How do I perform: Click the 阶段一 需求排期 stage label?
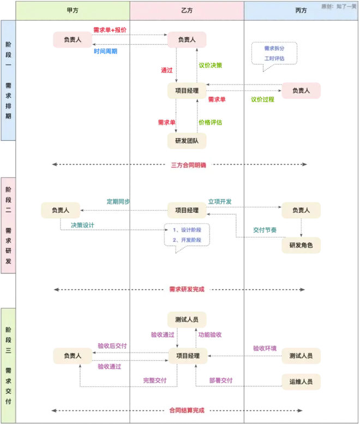coord(8,81)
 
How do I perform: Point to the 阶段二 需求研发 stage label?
coord(8,225)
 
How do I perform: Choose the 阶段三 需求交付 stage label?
coord(8,365)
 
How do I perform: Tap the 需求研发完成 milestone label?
coord(187,289)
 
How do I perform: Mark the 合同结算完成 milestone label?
coord(187,409)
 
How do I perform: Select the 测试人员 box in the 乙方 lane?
coord(187,319)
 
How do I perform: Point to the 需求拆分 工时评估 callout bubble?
coord(274,53)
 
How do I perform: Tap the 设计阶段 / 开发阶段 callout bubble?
coord(187,235)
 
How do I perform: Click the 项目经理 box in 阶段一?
coord(187,91)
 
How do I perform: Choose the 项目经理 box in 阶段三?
coord(187,356)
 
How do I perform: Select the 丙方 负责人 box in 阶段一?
coord(301,91)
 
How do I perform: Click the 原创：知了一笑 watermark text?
coord(338,6)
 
